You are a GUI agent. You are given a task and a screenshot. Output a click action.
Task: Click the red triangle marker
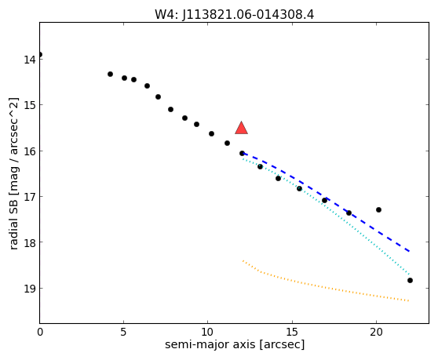[241, 128]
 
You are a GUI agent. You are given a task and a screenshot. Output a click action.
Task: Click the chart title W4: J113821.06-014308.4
[235, 15]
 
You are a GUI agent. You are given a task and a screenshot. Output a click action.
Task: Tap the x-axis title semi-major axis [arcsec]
[235, 344]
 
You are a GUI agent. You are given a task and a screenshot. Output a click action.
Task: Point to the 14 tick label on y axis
[29, 60]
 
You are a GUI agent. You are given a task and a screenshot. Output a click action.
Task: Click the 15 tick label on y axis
[29, 105]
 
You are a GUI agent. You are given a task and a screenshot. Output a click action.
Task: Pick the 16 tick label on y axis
[29, 151]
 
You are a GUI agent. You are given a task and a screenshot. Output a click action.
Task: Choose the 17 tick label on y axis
[29, 197]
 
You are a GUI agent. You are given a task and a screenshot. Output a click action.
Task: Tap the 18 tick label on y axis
[29, 242]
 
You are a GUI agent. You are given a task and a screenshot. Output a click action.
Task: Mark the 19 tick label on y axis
[29, 289]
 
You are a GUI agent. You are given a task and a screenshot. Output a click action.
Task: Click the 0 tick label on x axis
[40, 333]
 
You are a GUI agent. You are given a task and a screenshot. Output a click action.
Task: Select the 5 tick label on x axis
[123, 333]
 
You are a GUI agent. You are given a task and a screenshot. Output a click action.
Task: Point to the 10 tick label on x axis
[208, 333]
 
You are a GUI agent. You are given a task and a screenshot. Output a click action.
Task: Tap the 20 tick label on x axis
[376, 333]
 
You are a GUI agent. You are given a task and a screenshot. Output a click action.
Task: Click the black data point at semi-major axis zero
[40, 54]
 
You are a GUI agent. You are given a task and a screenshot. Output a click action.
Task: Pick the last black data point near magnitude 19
[410, 281]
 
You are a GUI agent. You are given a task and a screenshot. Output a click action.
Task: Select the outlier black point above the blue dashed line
[379, 210]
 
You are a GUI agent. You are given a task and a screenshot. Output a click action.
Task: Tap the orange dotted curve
[321, 286]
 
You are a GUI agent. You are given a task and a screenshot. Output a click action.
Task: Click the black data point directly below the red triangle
[242, 153]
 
